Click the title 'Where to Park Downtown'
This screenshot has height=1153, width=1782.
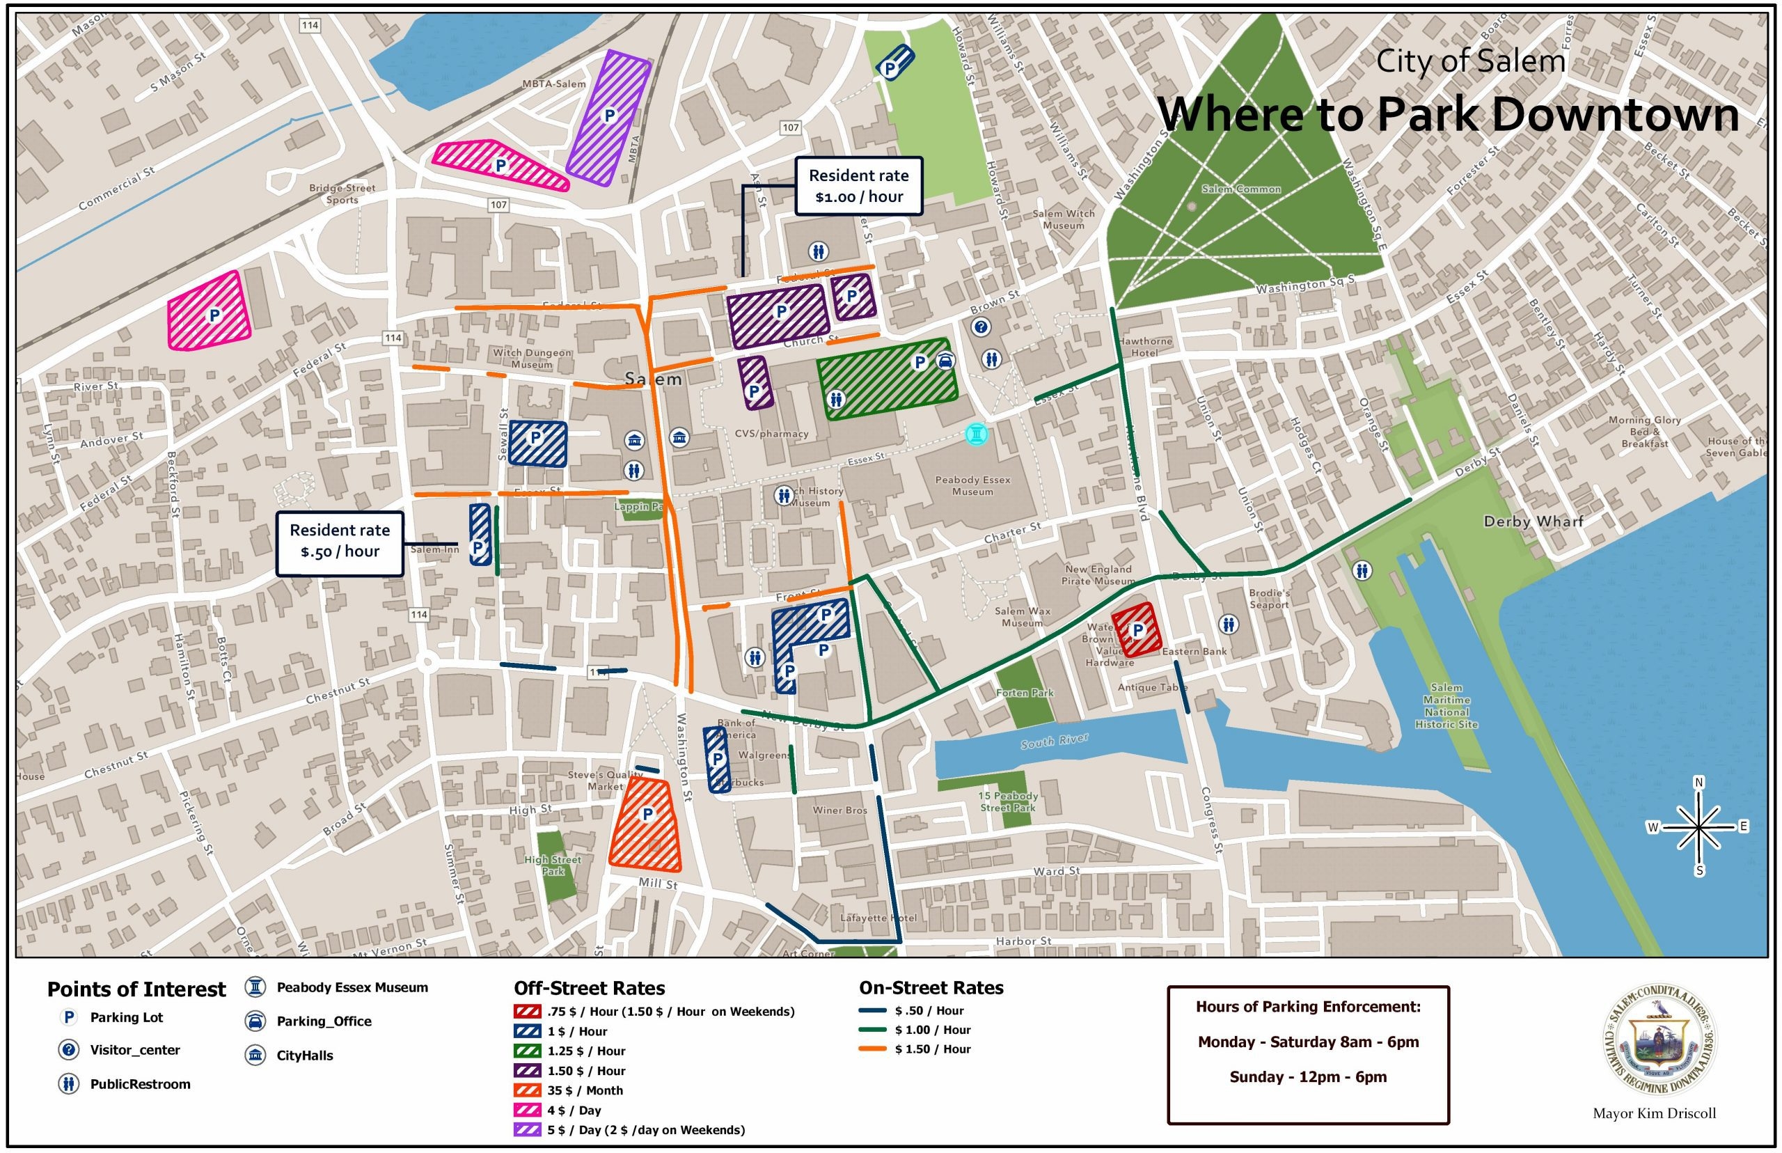1447,115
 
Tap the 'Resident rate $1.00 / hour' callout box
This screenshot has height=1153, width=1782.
858,186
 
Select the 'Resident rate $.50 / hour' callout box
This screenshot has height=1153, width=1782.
340,541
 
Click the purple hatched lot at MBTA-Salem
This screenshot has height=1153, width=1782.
608,118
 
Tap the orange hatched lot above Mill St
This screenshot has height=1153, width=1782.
646,824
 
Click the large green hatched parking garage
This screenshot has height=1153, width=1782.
887,382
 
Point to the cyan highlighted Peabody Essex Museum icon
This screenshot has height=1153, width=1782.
976,434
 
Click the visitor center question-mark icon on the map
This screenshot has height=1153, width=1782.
980,327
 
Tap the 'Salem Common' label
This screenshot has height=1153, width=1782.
1241,189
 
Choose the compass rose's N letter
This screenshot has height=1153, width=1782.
1698,783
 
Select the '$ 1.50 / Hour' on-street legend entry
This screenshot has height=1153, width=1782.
932,1049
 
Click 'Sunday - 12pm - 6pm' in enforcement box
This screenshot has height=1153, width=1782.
1307,1076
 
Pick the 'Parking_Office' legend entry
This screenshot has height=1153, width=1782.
323,1021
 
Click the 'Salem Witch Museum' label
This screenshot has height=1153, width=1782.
1063,219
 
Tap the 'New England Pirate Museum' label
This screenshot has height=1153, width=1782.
1097,574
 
